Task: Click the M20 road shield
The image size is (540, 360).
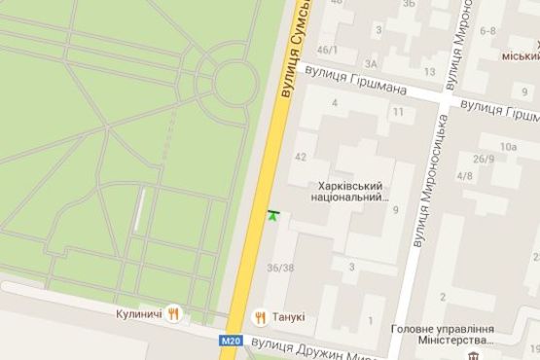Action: pos(230,340)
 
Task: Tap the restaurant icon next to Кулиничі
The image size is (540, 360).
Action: pos(174,313)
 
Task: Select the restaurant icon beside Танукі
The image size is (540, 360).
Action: pos(260,315)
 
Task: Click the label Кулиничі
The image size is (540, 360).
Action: pos(136,314)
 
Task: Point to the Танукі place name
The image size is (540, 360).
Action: pos(288,316)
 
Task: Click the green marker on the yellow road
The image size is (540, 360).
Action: pos(272,213)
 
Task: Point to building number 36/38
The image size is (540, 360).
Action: pos(280,268)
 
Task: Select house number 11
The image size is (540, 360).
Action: pos(397,113)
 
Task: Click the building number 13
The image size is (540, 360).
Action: pos(429,72)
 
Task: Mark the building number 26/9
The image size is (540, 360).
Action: pos(484,159)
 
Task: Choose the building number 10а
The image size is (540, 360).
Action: pos(507,147)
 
